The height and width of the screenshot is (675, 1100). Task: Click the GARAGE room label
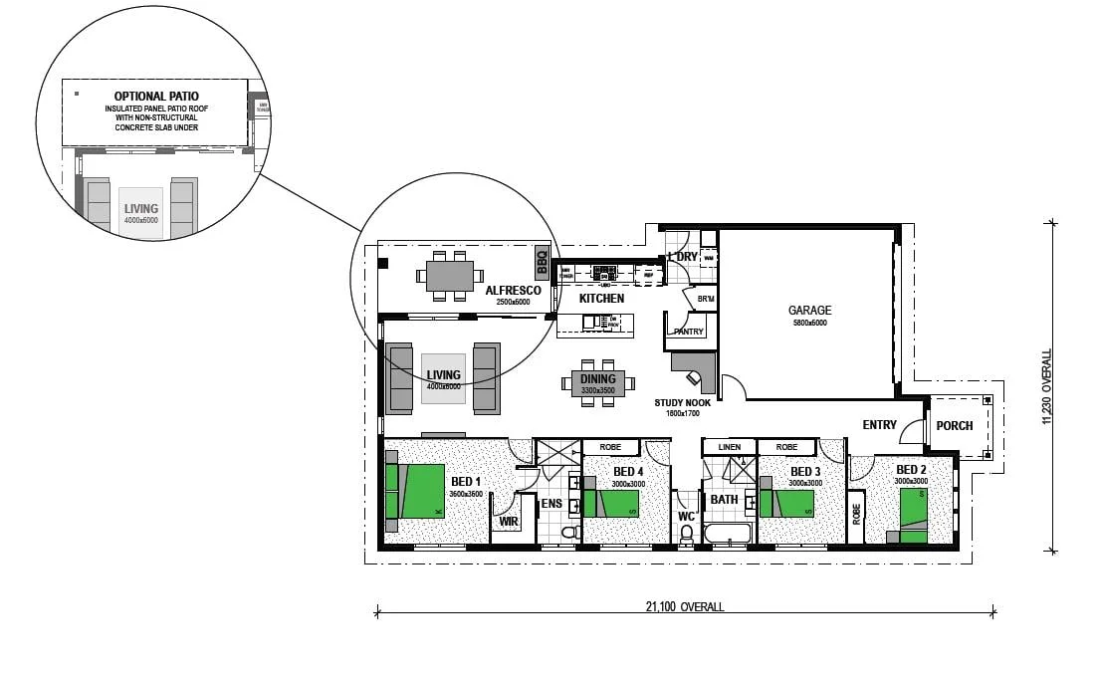[811, 310]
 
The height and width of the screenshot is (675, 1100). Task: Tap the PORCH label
[955, 426]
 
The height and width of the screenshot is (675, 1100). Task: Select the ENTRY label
[880, 425]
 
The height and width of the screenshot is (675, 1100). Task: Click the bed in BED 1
[415, 491]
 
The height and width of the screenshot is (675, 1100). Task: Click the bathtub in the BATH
[727, 534]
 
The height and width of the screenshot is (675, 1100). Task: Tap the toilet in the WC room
[686, 536]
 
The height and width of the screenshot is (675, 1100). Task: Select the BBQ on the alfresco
[543, 262]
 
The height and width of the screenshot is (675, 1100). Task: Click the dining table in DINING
[599, 381]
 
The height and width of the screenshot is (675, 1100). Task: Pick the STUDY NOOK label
[682, 403]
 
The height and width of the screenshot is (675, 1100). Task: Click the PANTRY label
[689, 332]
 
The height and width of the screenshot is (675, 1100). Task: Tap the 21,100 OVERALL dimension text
[684, 607]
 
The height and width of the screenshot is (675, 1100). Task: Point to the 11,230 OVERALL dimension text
[1046, 386]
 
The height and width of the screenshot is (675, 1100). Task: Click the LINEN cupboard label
[730, 448]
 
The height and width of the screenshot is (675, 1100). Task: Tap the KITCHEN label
[602, 299]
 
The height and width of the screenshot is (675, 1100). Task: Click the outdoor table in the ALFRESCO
[450, 276]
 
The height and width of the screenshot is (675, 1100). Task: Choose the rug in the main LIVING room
[444, 378]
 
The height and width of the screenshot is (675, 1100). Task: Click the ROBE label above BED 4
[610, 448]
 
